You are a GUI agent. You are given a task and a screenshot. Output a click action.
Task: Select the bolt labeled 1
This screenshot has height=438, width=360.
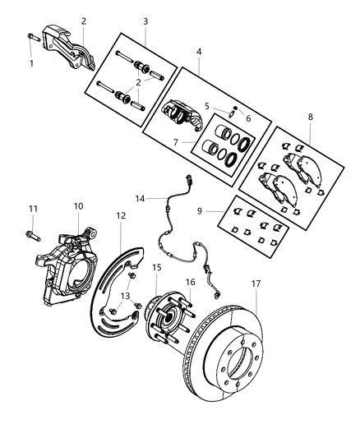pyautogui.click(x=31, y=38)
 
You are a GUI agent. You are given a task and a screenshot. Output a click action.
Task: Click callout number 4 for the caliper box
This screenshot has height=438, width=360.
pyautogui.click(x=198, y=51)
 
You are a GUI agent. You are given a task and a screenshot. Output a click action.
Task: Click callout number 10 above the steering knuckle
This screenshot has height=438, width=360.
pyautogui.click(x=79, y=206)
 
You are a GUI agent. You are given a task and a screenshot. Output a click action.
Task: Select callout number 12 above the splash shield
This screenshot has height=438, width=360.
pyautogui.click(x=121, y=215)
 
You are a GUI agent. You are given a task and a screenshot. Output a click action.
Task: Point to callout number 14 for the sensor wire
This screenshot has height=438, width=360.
pyautogui.click(x=141, y=198)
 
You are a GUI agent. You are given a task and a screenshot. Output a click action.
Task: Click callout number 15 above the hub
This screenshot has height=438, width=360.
pyautogui.click(x=157, y=267)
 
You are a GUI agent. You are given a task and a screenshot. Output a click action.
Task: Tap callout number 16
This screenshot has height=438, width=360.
pyautogui.click(x=190, y=282)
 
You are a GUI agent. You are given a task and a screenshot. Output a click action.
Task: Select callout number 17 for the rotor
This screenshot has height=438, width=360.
pyautogui.click(x=256, y=284)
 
